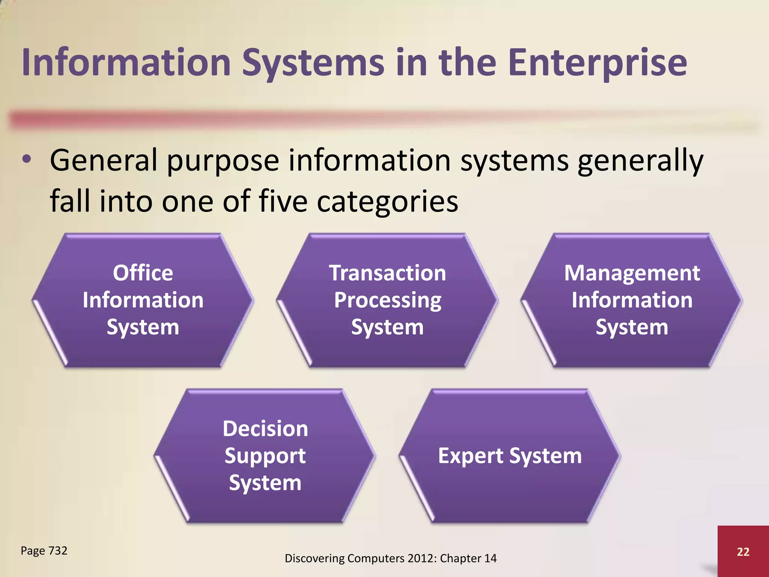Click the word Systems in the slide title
pos(313,63)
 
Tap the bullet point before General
pos(27,160)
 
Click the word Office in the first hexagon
pos(143,273)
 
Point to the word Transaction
pos(388,273)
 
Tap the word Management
pos(632,273)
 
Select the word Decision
pos(265,429)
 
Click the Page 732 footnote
pos(44,551)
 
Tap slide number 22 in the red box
pos(743,551)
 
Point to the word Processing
pos(388,301)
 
